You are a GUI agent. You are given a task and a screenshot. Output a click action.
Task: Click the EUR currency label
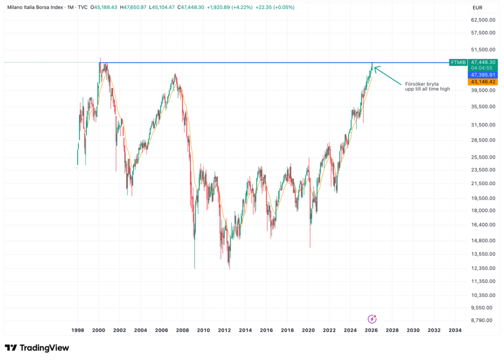coord(477,8)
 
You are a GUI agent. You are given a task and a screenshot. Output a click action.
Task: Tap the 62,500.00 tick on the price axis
coord(482,20)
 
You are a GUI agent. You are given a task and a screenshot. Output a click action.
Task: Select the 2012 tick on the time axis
coord(224,331)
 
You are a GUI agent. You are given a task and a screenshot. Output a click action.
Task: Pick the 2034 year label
coord(455,331)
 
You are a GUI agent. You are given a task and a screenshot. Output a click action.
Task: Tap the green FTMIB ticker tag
coord(458,62)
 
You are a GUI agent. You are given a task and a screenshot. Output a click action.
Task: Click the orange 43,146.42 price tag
coord(482,82)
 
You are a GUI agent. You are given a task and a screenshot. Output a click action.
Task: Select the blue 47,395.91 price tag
coord(482,75)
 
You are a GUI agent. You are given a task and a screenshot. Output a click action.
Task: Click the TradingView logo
coord(37,348)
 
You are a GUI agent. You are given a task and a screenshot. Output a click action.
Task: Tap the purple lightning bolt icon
coord(372,318)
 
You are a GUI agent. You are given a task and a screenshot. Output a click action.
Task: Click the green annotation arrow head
coord(376,68)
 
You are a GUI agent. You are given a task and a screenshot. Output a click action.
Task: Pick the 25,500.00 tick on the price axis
coord(482,157)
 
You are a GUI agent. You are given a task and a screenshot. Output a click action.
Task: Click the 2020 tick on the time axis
coord(308,331)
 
